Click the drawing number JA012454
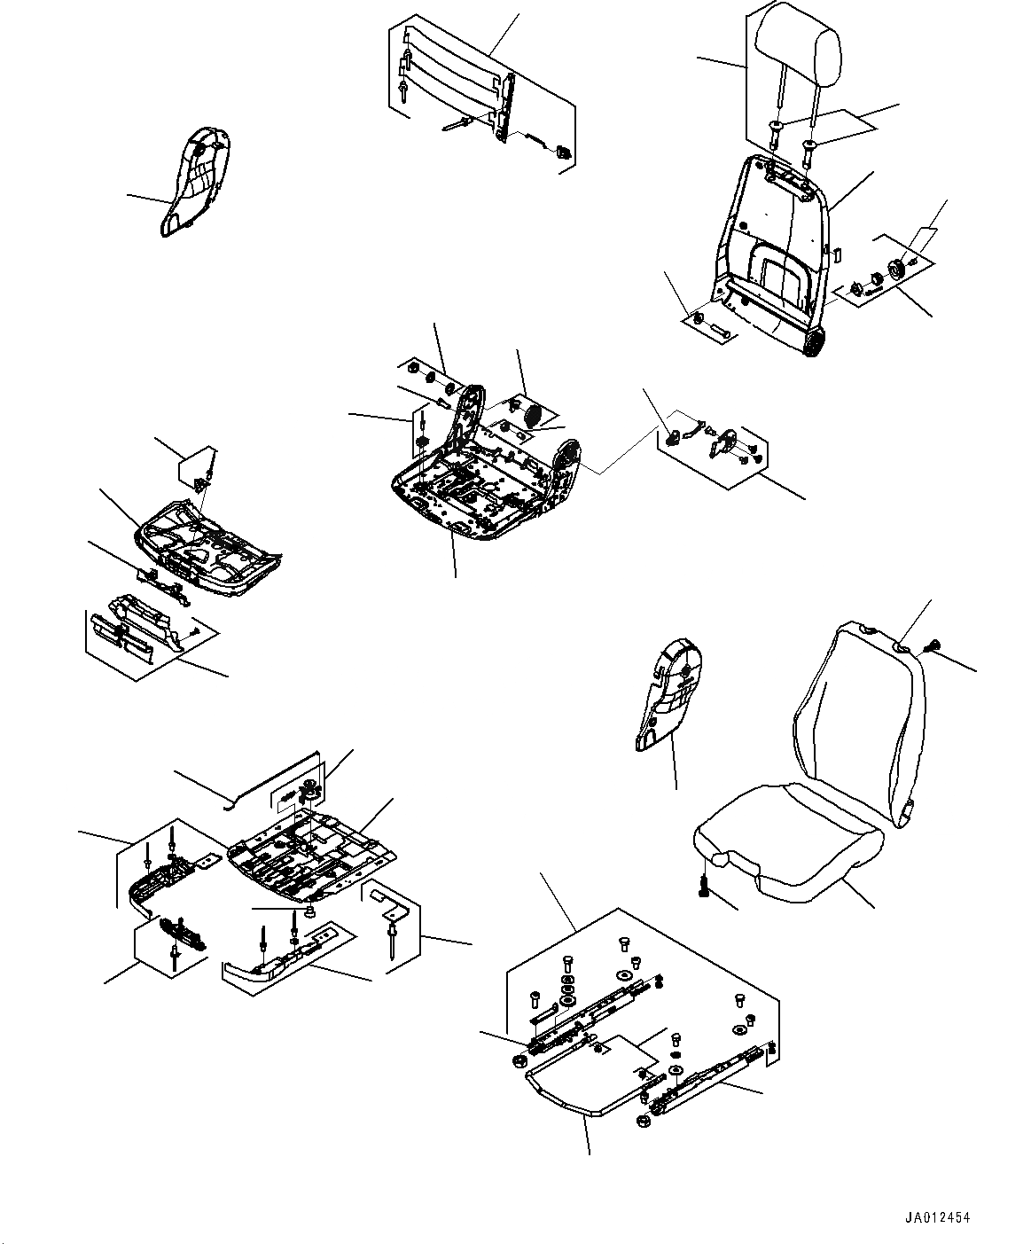pyautogui.click(x=938, y=1217)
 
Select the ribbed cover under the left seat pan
pyautogui.click(x=142, y=629)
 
